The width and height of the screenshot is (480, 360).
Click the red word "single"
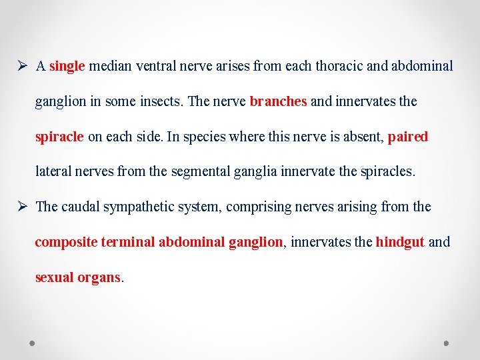click(67, 66)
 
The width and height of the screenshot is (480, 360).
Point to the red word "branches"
click(278, 101)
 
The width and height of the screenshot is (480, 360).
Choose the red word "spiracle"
click(59, 137)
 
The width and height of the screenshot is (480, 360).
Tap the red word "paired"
click(407, 137)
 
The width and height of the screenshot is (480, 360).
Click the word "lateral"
click(53, 171)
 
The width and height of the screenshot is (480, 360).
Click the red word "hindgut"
click(400, 242)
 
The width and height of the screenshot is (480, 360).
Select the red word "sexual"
click(54, 277)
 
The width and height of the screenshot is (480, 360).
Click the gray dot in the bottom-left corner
click(33, 343)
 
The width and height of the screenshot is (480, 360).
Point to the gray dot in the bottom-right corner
click(447, 343)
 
